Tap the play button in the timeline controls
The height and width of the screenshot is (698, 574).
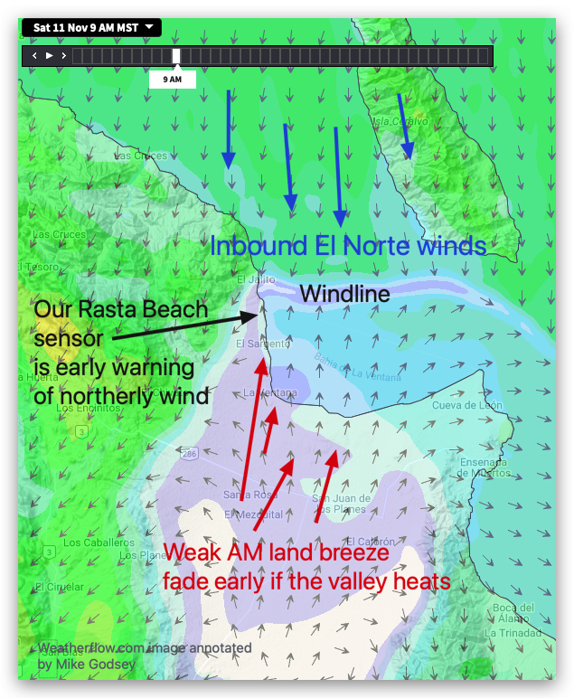coord(50,56)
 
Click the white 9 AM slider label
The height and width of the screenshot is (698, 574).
coord(172,80)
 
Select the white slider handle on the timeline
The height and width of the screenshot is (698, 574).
coord(176,56)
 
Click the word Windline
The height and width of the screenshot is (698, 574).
coord(344,294)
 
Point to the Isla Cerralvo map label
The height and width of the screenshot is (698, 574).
coord(399,120)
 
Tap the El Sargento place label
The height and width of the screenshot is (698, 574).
coord(263,344)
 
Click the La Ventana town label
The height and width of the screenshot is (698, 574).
coord(269,392)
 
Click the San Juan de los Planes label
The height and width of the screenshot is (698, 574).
coord(341,505)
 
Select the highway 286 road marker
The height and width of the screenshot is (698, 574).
coord(188,452)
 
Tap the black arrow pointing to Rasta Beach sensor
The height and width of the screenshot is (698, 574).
coord(190,326)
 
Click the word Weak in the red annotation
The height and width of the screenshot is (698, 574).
coord(193,552)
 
